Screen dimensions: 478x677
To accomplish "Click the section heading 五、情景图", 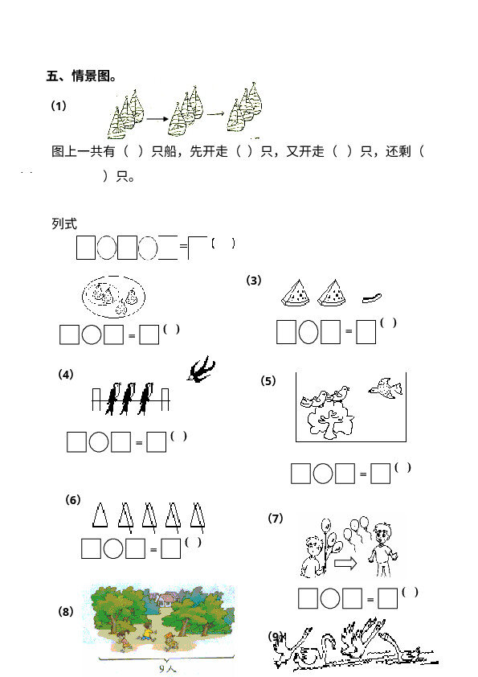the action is click(80, 76).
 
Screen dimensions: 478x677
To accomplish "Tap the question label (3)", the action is click(254, 281).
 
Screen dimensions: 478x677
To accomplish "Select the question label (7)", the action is click(276, 518).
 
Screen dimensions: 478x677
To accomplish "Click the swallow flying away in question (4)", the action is click(201, 369).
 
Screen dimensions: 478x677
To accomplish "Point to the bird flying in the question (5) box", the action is click(386, 388).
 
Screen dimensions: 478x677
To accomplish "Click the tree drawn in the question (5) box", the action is click(330, 423).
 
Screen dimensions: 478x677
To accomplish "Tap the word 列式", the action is click(64, 224).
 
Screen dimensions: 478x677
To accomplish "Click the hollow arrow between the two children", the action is click(345, 563).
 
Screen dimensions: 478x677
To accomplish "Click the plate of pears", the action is click(113, 297).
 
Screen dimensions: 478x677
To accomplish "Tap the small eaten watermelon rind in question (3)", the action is click(371, 297).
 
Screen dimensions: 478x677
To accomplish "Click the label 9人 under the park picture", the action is click(167, 668).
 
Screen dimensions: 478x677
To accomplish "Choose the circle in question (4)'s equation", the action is click(99, 441).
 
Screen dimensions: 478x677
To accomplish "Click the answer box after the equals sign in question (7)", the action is click(387, 598).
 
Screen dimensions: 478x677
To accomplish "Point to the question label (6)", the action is click(73, 500).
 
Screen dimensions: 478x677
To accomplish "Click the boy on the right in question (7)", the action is click(382, 549).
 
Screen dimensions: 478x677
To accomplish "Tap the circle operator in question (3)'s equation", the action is click(308, 331).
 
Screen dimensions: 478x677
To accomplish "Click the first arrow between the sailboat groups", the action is click(157, 119).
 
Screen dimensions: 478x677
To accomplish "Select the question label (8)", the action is click(66, 612).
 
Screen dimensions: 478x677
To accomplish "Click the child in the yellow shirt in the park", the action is click(147, 633).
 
